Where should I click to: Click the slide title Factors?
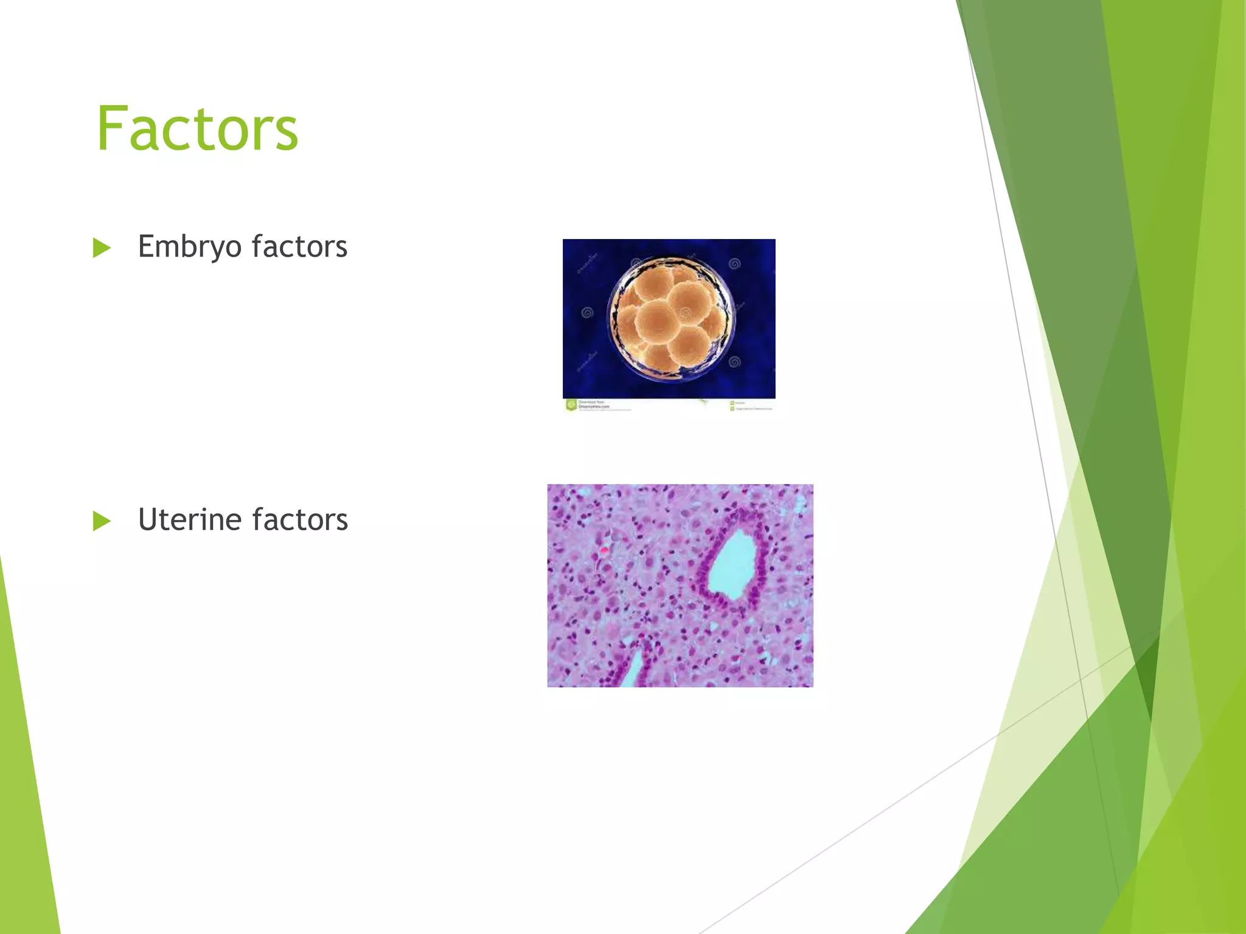197,128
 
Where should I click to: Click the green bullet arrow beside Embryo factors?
102,248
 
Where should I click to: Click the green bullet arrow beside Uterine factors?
102,521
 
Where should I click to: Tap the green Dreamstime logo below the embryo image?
571,405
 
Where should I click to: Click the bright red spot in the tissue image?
604,549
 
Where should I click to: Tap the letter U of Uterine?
148,520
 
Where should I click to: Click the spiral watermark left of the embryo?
587,313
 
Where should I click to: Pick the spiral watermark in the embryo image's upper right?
734,264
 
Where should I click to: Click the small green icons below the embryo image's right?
732,406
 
